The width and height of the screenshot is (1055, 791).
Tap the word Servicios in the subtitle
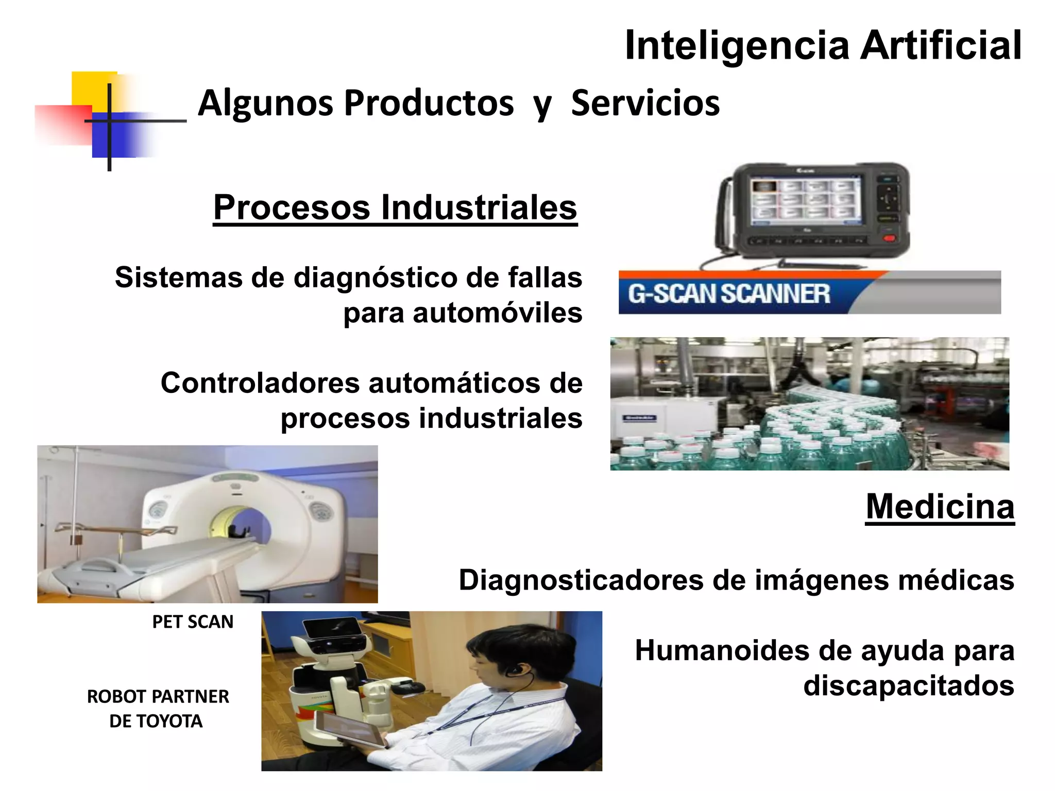645,103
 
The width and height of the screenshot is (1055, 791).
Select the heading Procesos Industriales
395,208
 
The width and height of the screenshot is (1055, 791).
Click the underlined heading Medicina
940,507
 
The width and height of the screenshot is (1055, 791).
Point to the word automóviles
497,313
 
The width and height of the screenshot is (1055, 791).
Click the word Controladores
260,383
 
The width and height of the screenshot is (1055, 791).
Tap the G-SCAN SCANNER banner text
728,294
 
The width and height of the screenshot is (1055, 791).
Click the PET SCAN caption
193,622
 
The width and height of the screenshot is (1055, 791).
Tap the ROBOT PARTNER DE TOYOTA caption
157,709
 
